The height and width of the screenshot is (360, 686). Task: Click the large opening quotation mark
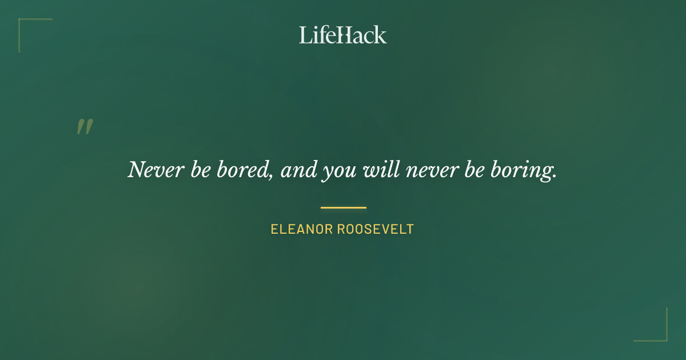point(85,127)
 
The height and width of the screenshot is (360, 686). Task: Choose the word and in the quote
point(298,170)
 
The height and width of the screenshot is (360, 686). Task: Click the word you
point(336,172)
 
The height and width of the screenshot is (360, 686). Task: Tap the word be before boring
point(473,170)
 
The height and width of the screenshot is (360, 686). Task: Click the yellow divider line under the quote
point(343,207)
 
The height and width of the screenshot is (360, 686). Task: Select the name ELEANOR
point(301,230)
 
